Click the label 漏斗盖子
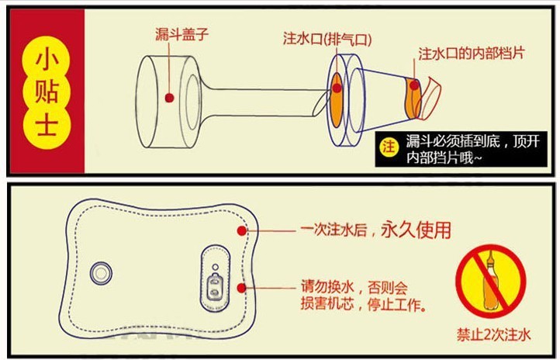[x=182, y=34]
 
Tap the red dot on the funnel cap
[x=169, y=98]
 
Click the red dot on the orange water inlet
[x=337, y=88]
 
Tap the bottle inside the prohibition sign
[x=493, y=280]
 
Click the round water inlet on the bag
[x=101, y=272]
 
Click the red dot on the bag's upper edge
[x=244, y=230]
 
